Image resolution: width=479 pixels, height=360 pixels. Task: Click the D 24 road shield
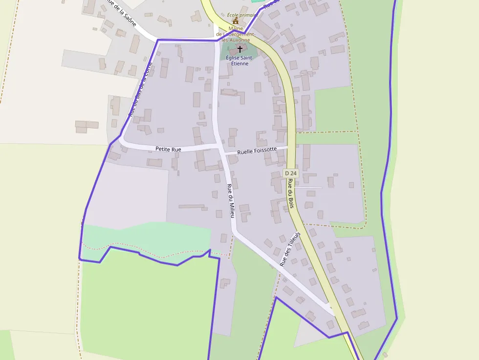point(291,173)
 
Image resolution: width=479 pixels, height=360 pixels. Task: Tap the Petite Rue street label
point(168,149)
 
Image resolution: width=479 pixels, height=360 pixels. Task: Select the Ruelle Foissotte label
point(257,151)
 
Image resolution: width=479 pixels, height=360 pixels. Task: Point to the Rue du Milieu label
point(231,200)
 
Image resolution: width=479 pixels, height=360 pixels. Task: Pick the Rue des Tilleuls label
point(290,249)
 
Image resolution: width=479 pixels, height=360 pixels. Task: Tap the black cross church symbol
point(239,49)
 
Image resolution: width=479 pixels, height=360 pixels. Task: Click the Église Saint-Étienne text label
point(237,61)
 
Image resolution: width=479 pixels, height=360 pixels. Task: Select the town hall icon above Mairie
point(236,21)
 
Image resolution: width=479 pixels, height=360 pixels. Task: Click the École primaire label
point(241,15)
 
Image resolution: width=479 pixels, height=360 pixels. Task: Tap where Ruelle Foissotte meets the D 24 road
point(291,146)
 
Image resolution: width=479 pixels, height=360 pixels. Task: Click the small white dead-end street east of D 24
point(309,187)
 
